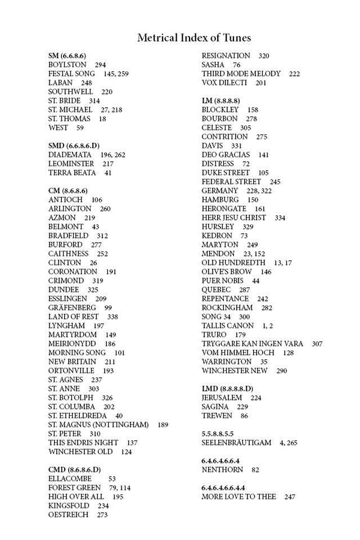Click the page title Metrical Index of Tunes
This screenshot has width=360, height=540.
click(194, 38)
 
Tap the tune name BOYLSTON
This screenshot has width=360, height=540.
click(67, 65)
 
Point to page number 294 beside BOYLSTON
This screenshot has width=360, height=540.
click(100, 65)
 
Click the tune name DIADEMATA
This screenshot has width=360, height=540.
click(70, 155)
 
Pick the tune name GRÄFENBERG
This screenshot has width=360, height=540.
click(72, 308)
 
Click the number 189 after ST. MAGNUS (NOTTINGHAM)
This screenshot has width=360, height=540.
click(163, 425)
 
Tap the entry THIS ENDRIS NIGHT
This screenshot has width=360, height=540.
click(83, 443)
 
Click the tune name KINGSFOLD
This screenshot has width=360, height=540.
click(69, 506)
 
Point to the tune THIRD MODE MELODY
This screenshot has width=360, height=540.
click(241, 74)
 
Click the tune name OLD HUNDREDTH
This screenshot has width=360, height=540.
click(233, 263)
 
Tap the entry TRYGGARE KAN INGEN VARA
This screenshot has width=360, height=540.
click(252, 344)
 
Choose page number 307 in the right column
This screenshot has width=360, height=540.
click(317, 344)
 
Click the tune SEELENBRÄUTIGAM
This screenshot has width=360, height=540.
click(236, 443)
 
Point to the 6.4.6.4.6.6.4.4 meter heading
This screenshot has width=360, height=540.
click(231, 488)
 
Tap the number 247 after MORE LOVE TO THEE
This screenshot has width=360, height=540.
click(290, 497)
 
